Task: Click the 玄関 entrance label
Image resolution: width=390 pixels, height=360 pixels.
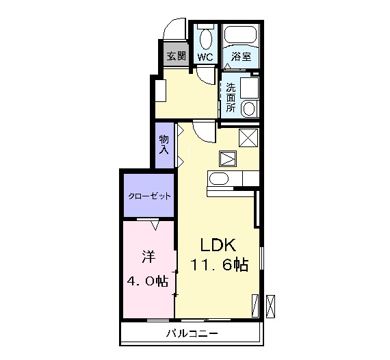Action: tap(177, 55)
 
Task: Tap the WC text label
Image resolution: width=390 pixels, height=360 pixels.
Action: tap(205, 56)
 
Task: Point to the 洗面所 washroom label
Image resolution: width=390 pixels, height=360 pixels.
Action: tap(231, 97)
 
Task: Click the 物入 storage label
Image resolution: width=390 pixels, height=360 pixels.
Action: tap(164, 144)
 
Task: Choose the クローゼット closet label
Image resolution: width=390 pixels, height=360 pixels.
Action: tap(149, 196)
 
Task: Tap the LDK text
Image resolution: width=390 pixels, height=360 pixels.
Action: tap(218, 245)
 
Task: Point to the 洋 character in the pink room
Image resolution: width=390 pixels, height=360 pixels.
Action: tap(147, 257)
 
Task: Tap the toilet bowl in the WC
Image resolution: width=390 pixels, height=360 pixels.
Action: tap(205, 38)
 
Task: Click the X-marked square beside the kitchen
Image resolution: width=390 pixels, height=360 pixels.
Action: tap(248, 137)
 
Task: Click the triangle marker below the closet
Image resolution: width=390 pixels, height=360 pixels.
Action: tap(155, 224)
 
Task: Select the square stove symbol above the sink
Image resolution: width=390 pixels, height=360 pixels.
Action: tap(227, 159)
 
